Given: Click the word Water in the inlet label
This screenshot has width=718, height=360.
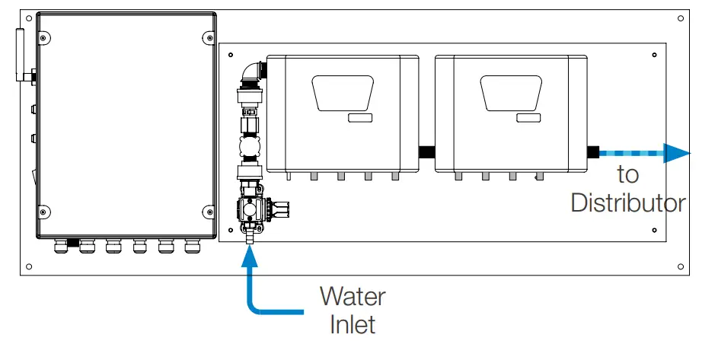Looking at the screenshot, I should (353, 295).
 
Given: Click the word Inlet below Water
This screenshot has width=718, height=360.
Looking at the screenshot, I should (353, 325).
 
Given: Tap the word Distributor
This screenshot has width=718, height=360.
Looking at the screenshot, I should (628, 203).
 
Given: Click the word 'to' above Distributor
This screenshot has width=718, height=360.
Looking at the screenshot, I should (628, 174).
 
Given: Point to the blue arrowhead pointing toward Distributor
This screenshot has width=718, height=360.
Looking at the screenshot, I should (676, 153).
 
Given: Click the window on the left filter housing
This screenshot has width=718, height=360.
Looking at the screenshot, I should (342, 94).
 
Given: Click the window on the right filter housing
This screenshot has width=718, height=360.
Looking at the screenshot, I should (512, 94).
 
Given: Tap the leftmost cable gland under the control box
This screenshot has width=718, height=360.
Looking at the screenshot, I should (59, 246).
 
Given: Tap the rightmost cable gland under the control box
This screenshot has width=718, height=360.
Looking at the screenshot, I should (191, 246).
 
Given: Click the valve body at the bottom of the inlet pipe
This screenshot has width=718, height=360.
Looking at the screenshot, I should (251, 210).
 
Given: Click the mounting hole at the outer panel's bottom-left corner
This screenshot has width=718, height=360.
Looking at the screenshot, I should (29, 266).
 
